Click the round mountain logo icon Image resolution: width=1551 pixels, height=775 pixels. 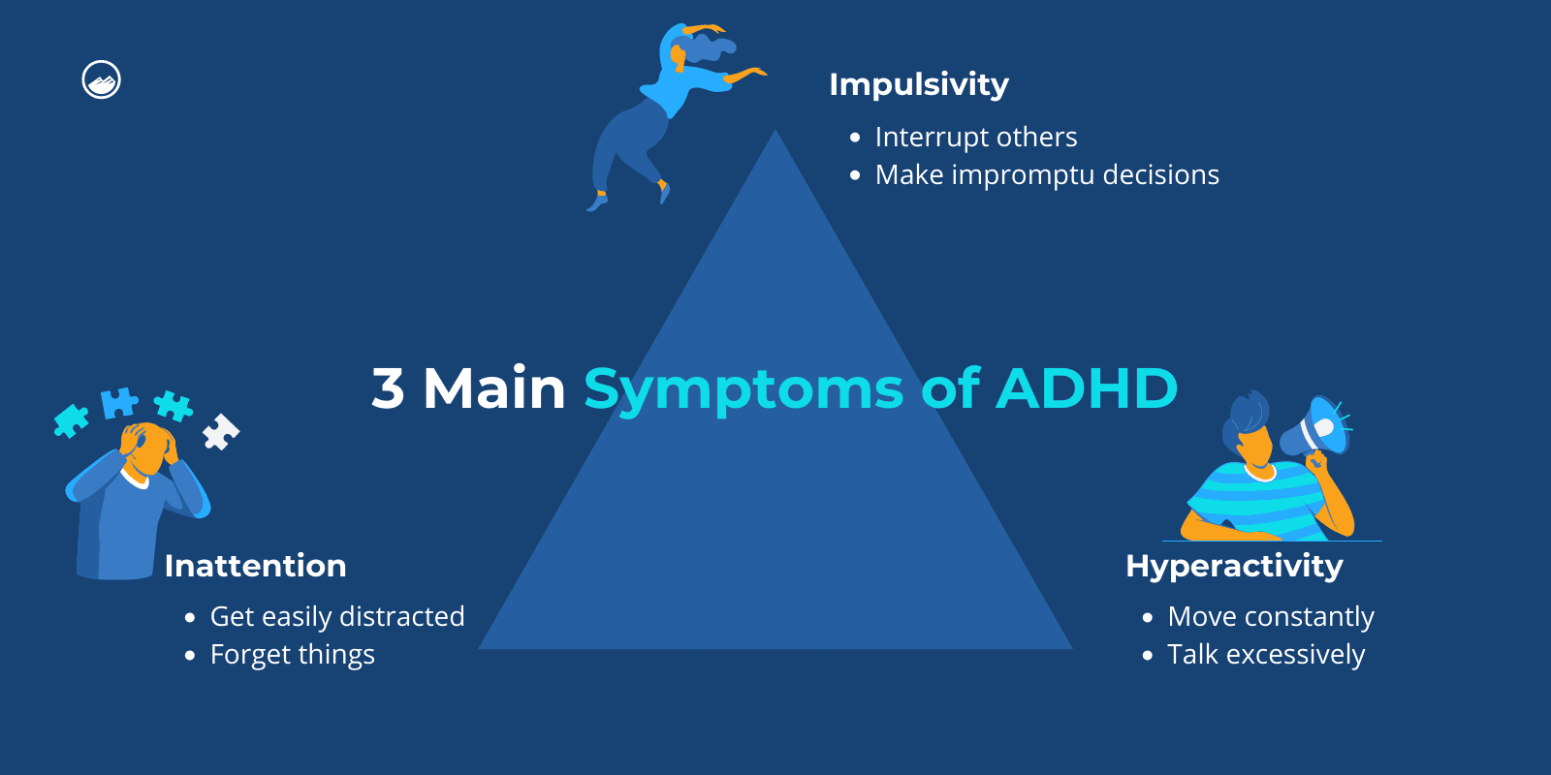pyautogui.click(x=101, y=79)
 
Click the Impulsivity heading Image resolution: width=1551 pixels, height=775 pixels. pyautogui.click(x=918, y=84)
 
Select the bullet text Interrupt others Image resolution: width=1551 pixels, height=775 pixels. pyautogui.click(x=975, y=138)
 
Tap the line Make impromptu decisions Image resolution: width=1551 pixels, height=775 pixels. pyautogui.click(x=1046, y=175)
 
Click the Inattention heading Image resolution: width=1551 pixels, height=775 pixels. pyautogui.click(x=255, y=566)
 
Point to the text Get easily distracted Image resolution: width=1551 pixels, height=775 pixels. pyautogui.click(x=336, y=617)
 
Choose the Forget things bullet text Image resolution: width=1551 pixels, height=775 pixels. pyautogui.click(x=292, y=655)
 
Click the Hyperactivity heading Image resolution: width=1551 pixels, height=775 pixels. pyautogui.click(x=1233, y=566)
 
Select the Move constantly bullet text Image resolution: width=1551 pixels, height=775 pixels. pyautogui.click(x=1270, y=617)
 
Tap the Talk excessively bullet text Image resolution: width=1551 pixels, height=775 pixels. pyautogui.click(x=1265, y=655)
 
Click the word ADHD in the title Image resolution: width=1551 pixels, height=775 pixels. pyautogui.click(x=1086, y=388)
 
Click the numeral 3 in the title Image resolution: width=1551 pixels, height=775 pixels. pyautogui.click(x=388, y=388)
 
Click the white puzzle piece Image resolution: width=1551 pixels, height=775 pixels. pyautogui.click(x=220, y=431)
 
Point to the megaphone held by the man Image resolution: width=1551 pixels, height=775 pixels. pyautogui.click(x=1316, y=427)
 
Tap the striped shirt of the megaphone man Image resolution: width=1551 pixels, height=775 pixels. pyautogui.click(x=1260, y=499)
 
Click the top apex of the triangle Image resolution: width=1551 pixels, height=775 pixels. pyautogui.click(x=775, y=133)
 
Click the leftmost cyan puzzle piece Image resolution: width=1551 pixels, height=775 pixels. pyautogui.click(x=71, y=420)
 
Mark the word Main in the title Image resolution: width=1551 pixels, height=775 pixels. pyautogui.click(x=494, y=388)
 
